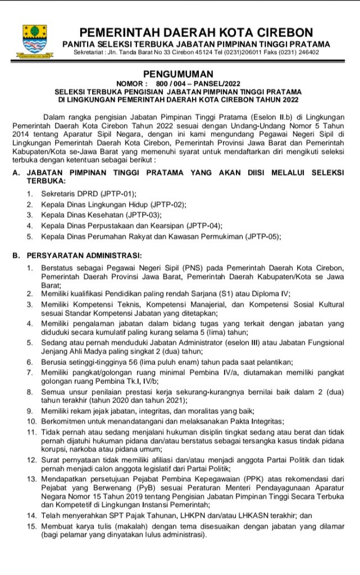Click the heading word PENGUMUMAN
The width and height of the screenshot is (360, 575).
click(179, 74)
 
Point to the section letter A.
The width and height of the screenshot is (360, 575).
click(15, 174)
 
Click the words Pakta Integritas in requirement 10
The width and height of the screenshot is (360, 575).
click(254, 421)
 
